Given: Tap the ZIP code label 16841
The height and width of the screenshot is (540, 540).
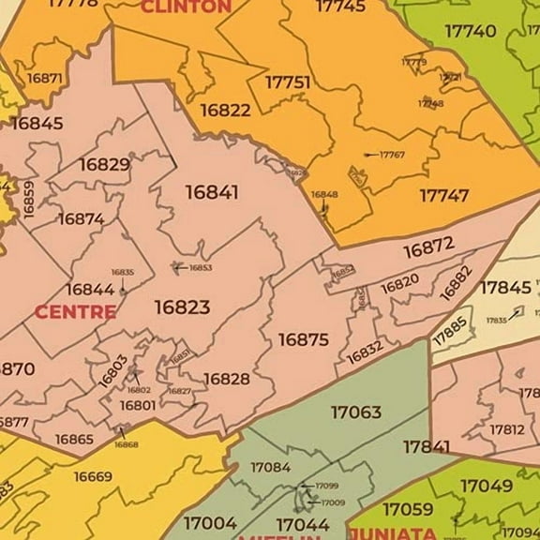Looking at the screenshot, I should (211, 192).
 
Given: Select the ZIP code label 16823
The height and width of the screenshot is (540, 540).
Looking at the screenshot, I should (182, 307).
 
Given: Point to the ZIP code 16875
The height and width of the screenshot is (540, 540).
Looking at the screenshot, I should (303, 339).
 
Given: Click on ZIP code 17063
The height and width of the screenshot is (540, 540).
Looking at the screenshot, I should (355, 412).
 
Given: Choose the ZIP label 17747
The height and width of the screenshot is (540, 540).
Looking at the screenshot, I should (443, 196).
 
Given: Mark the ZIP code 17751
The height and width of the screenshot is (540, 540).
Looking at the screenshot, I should (287, 82).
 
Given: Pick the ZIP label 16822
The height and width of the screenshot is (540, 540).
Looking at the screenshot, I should (225, 110).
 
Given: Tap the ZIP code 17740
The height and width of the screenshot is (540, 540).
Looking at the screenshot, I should (470, 31).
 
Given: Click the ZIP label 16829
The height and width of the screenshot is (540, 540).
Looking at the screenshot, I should (104, 165).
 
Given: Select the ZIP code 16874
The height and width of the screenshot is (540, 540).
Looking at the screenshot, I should (82, 218).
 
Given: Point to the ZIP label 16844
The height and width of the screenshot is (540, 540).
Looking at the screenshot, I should (90, 289).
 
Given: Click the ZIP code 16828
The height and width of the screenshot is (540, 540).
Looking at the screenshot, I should (227, 379).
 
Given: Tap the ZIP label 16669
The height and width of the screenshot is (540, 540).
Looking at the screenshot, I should (93, 476).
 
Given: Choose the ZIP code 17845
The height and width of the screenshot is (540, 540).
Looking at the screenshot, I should (505, 288).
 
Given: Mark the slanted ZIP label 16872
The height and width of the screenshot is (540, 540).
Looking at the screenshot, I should (428, 247).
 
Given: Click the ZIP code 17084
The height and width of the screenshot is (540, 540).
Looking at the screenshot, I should (270, 466).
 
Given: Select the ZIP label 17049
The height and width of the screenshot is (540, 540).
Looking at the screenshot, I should (487, 486).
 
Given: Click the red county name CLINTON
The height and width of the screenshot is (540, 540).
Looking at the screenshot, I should (186, 7).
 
